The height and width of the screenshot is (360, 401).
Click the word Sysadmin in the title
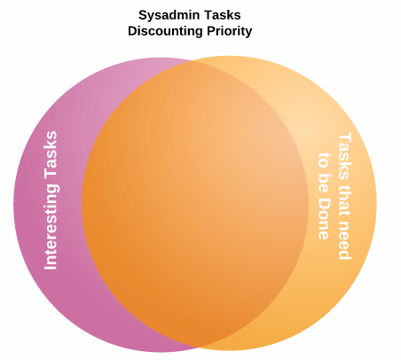(172, 15)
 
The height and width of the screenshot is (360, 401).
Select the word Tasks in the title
(224, 15)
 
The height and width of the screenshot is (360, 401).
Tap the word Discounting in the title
(166, 31)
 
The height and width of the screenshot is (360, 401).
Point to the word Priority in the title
(229, 31)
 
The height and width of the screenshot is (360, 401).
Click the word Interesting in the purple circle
(51, 227)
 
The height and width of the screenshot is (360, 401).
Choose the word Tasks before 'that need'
(344, 156)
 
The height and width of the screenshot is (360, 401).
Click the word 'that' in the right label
(344, 199)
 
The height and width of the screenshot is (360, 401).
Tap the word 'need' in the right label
(344, 239)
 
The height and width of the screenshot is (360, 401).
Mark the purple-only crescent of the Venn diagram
(49, 204)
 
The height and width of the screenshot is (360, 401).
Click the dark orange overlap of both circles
(195, 204)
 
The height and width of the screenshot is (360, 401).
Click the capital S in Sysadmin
(143, 15)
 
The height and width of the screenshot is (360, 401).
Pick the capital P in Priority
(210, 31)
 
